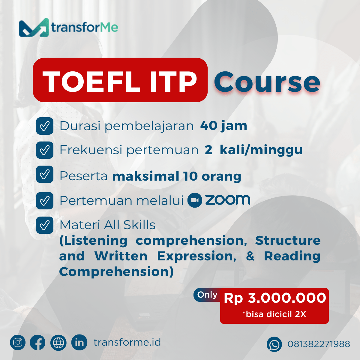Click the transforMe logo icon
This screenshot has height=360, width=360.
tap(34, 28)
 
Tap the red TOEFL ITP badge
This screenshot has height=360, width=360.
tap(120, 80)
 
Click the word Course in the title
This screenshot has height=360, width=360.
tap(267, 82)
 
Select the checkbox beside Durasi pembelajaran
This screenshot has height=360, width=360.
tap(45, 126)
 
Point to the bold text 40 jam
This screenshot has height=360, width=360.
tap(223, 126)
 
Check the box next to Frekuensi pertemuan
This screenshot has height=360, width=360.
tap(45, 150)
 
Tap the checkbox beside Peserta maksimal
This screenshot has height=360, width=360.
tap(45, 174)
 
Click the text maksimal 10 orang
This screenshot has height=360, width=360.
tap(177, 176)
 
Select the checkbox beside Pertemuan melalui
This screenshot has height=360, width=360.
tap(45, 201)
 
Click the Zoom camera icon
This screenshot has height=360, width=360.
tap(195, 200)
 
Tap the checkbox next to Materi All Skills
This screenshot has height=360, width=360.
tap(45, 225)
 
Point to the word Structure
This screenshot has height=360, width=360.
tap(288, 240)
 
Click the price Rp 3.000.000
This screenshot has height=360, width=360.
tap(275, 298)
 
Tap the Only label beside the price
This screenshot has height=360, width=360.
tap(207, 295)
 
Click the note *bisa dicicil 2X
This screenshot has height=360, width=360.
tap(274, 314)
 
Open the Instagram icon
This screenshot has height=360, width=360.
tap(18, 342)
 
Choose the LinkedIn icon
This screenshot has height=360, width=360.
tap(79, 342)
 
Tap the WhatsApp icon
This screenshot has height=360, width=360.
tap(274, 344)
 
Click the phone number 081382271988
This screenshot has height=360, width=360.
tap(319, 344)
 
